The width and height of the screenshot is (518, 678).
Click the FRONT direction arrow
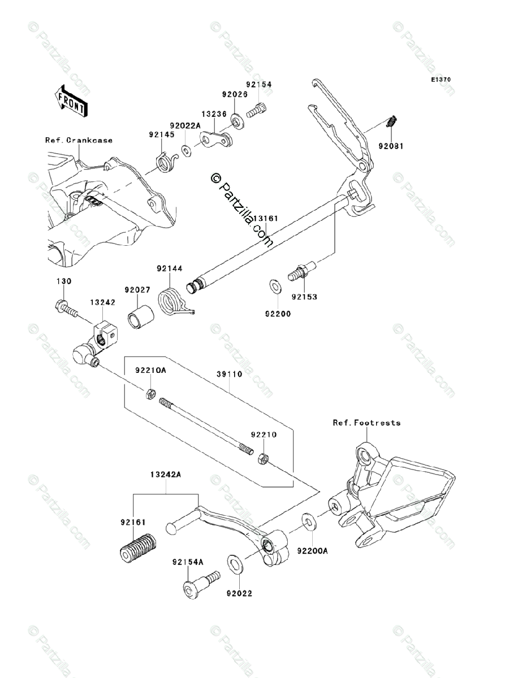pos(71,101)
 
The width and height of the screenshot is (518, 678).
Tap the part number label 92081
pos(391,146)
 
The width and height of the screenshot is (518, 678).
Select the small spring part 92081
pos(392,121)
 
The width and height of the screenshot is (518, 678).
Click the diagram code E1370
pos(441,80)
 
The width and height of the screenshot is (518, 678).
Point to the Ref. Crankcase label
pos(79,140)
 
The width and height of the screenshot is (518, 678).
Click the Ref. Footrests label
pos(366,423)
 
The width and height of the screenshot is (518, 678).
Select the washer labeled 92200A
pos(308,523)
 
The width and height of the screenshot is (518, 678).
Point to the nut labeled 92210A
pos(150,394)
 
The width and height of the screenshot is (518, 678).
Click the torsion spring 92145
pos(166,162)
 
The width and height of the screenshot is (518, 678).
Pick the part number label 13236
pos(214,114)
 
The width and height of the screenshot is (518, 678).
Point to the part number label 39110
pos(229,374)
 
